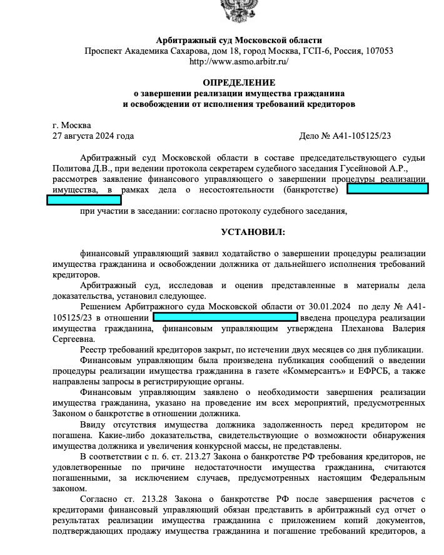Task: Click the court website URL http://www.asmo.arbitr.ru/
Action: click(239, 61)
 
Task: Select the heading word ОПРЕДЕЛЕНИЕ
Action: click(239, 82)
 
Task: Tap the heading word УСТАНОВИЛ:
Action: click(253, 232)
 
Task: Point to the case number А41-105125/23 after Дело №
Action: click(365, 136)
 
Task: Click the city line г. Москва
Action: click(72, 125)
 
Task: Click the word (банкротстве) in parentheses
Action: click(310, 189)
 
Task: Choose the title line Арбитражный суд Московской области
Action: click(239, 40)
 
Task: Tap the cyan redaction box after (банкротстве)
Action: click(387, 189)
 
